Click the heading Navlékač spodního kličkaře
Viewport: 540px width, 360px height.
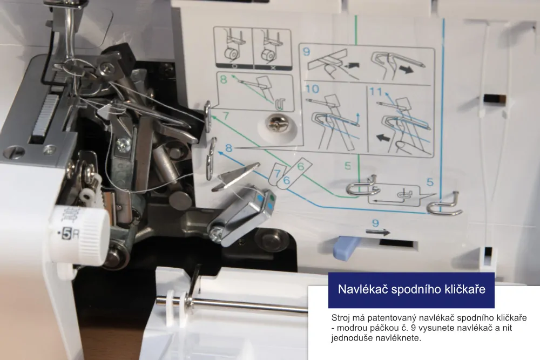pos(411,289)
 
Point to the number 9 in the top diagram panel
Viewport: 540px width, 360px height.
pos(306,53)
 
